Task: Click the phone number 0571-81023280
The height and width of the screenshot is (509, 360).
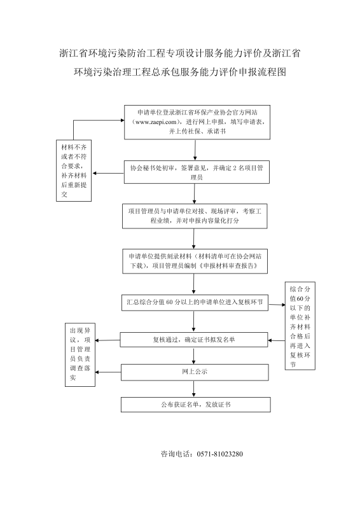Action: (220, 454)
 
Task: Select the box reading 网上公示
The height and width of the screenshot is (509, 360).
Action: (195, 372)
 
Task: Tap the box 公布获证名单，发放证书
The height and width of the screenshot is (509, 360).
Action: (196, 405)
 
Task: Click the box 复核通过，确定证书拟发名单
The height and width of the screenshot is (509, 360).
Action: (194, 340)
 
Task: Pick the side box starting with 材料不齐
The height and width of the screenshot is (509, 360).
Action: (74, 171)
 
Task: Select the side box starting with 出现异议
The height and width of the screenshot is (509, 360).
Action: (80, 354)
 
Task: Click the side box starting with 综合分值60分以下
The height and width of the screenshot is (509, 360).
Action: (300, 326)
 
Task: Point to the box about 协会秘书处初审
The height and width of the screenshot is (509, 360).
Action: (197, 172)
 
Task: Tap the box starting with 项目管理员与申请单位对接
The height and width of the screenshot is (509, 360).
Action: (195, 216)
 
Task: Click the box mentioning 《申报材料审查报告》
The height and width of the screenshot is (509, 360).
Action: (195, 261)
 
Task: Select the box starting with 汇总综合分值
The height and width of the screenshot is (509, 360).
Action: (195, 303)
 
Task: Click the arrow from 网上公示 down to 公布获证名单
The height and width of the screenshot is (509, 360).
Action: (194, 389)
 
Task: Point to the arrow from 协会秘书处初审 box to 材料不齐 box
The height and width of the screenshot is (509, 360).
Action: (108, 173)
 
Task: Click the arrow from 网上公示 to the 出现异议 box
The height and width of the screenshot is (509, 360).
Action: (108, 372)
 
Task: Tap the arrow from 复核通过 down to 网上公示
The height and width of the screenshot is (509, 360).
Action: (194, 356)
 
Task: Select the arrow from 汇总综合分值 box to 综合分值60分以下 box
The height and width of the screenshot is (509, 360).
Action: (277, 305)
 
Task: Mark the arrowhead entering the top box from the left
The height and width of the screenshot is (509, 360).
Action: (122, 120)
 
